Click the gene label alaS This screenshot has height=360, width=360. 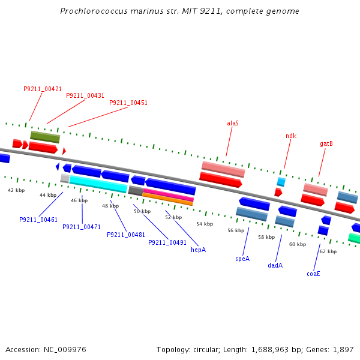[x=233, y=123]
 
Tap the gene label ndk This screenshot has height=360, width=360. [x=291, y=136]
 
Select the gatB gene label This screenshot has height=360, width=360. [x=326, y=144]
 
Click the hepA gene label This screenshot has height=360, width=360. [x=198, y=250]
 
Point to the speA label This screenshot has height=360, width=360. [x=242, y=259]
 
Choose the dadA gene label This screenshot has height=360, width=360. [x=275, y=265]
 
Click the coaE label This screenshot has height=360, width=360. [x=313, y=274]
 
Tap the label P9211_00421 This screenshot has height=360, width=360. [x=43, y=89]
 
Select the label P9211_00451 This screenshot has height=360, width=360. [x=128, y=103]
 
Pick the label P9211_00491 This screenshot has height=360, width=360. [x=167, y=242]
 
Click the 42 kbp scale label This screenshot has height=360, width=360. [x=16, y=190]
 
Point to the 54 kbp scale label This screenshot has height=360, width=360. [x=205, y=224]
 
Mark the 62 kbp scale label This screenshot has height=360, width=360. [x=328, y=251]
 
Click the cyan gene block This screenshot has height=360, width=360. [x=98, y=184]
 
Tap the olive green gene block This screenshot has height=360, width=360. [x=45, y=137]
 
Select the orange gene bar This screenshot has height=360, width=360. [x=168, y=199]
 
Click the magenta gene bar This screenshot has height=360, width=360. [x=168, y=194]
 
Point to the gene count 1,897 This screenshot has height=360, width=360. [x=343, y=349]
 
